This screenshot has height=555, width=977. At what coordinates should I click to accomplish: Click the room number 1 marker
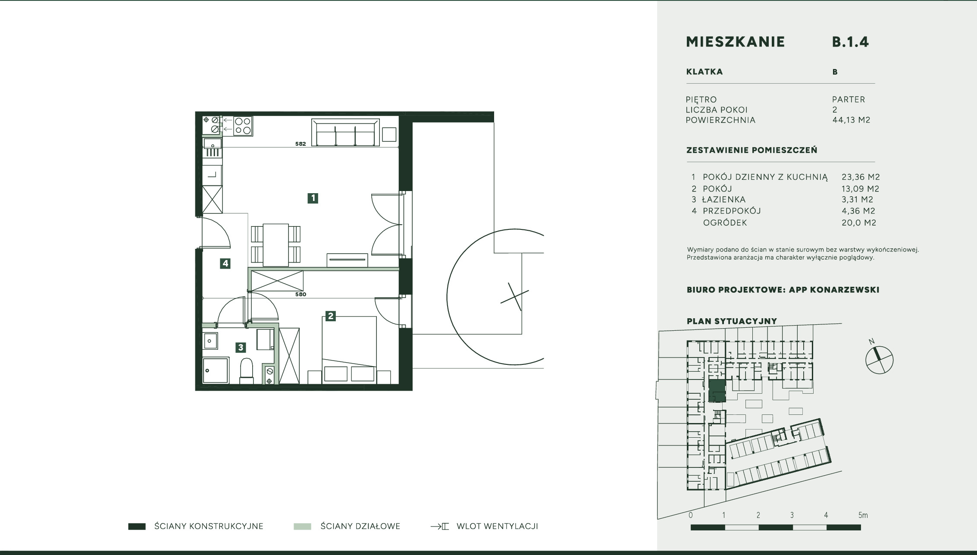click(x=313, y=198)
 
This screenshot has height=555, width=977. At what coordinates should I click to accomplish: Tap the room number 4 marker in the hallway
click(x=225, y=263)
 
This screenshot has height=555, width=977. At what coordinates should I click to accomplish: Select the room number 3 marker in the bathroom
click(x=241, y=347)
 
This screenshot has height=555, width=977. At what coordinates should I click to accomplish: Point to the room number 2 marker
click(x=331, y=316)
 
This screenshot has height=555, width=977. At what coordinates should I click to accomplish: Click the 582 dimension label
click(x=301, y=144)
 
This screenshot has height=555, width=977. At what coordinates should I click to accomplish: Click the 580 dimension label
click(x=301, y=295)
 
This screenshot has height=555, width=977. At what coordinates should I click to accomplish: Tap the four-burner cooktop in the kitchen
click(x=243, y=126)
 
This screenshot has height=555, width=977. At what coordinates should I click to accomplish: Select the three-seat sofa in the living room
click(x=345, y=133)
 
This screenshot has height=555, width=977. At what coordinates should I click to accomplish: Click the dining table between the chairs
click(x=276, y=245)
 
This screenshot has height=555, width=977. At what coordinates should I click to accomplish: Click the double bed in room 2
click(x=349, y=349)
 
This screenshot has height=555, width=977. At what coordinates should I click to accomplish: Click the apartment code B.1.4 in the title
click(x=850, y=42)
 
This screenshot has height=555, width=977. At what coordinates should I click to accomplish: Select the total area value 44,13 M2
click(x=851, y=120)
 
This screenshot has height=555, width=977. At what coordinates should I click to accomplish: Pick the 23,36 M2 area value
click(x=861, y=177)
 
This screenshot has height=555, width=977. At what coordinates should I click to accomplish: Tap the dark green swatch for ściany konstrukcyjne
click(x=137, y=527)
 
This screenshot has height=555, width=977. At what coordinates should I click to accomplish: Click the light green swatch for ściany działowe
click(x=302, y=527)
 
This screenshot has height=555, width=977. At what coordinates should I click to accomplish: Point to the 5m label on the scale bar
click(x=863, y=515)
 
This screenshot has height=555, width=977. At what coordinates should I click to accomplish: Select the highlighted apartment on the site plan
click(x=717, y=391)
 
